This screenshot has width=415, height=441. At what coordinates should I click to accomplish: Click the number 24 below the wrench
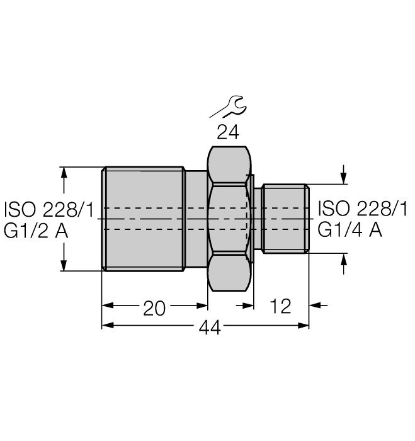(x=228, y=132)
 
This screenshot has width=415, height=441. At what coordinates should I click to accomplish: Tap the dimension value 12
(x=280, y=307)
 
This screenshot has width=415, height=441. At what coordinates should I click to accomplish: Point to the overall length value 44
(x=210, y=328)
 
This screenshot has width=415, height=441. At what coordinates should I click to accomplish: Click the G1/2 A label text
(x=37, y=231)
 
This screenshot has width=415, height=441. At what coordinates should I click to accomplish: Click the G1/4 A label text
(x=350, y=231)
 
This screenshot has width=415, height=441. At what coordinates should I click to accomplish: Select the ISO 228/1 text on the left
(x=48, y=209)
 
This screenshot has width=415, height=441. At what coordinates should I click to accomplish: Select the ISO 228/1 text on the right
(x=362, y=209)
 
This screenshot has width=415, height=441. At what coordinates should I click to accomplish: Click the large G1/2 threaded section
(x=143, y=219)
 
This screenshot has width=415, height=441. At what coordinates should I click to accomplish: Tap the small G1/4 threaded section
(x=285, y=219)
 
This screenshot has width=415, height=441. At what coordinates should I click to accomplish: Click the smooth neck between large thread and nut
(x=196, y=219)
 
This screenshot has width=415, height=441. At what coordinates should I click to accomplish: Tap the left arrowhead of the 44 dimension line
(x=108, y=326)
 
